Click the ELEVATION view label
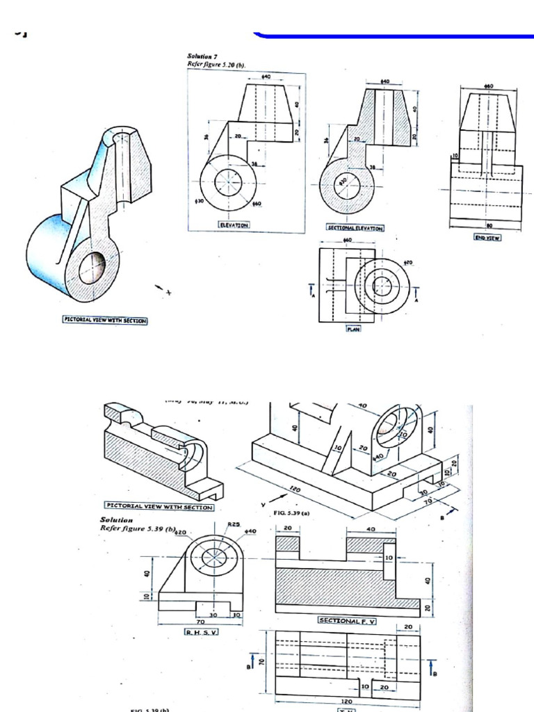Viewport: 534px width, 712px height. (x=233, y=225)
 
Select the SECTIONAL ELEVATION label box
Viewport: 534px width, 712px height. (x=355, y=227)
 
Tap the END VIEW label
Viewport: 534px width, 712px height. (x=487, y=237)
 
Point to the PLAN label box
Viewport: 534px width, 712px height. (x=354, y=330)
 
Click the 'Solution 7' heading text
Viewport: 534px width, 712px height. (x=203, y=56)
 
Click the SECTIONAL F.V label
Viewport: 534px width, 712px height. (x=346, y=620)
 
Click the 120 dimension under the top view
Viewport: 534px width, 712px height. (x=346, y=701)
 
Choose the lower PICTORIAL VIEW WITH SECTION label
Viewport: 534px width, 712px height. (x=159, y=506)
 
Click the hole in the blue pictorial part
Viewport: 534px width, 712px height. (x=91, y=267)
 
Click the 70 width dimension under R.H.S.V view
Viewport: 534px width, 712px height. (x=200, y=622)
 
